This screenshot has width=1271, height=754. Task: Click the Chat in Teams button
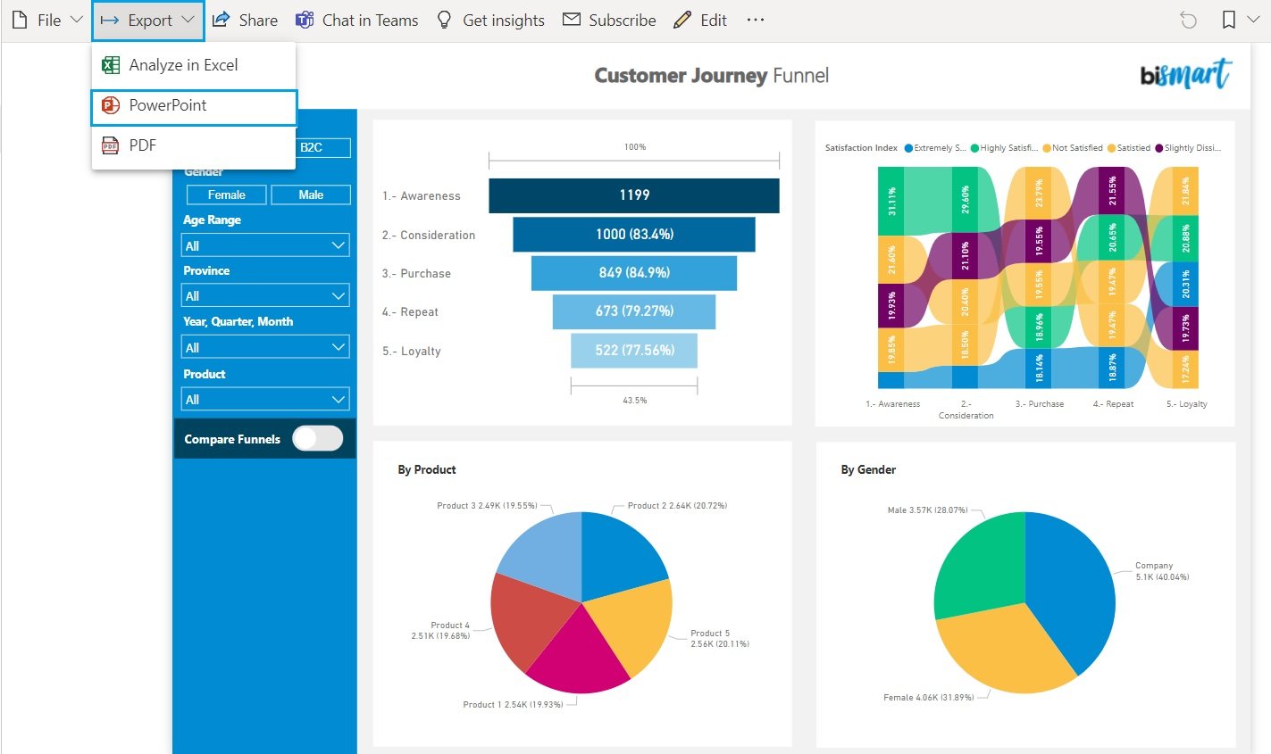[x=357, y=20]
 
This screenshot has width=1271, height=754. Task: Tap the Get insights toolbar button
[x=490, y=20]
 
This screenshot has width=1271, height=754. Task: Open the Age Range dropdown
[x=265, y=245]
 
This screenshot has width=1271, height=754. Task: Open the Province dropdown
[x=265, y=295]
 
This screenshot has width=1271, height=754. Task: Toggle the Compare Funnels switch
[x=317, y=438]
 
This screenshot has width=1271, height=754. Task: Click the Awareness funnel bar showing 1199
[x=633, y=195]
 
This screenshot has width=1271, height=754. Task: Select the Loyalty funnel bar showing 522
[x=633, y=350]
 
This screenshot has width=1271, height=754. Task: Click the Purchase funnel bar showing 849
[x=633, y=273]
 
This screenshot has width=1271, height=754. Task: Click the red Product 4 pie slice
[x=527, y=616]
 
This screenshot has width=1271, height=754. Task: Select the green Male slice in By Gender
[x=978, y=562]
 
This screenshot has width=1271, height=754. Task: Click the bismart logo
[x=1185, y=75]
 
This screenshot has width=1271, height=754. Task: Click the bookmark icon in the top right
[x=1229, y=20]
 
